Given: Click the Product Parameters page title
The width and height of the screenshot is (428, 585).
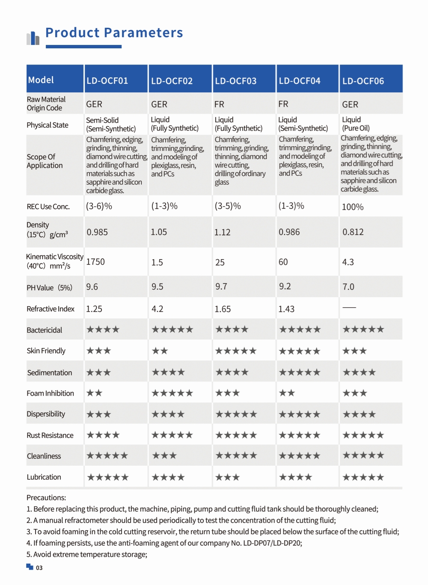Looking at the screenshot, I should [x=114, y=33].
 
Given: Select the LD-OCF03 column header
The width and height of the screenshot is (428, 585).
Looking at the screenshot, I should [x=235, y=81].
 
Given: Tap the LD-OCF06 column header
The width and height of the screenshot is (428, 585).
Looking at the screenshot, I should [x=363, y=81].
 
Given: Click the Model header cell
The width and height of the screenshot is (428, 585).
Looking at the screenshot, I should [x=41, y=80].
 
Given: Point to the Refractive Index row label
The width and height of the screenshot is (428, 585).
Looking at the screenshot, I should [x=51, y=309].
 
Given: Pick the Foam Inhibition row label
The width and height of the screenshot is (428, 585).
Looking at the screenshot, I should [x=50, y=393].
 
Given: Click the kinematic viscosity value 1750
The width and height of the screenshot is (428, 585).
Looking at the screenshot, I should [x=95, y=262].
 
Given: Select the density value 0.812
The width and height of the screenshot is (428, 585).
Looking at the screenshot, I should [x=353, y=232].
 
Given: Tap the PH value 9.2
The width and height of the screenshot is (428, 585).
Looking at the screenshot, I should [x=285, y=287].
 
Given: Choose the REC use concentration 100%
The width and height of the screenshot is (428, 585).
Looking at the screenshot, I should [x=353, y=207].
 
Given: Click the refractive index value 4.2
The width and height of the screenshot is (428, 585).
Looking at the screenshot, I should [x=157, y=309].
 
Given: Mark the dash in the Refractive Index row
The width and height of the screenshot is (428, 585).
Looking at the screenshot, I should [x=349, y=307].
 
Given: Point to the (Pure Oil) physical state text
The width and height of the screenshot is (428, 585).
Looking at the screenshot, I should [x=356, y=128].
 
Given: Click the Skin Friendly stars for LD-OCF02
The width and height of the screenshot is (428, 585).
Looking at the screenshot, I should [x=160, y=351].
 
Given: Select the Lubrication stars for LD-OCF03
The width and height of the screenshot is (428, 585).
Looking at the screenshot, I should [x=227, y=477].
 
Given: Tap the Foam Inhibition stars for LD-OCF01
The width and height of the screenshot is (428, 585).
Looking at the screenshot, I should [x=95, y=393].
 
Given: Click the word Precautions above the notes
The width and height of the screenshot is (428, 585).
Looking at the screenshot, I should [x=46, y=497].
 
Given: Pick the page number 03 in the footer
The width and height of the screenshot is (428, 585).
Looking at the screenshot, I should [x=39, y=567].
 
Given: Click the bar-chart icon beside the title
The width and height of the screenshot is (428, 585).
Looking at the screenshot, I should [x=33, y=38].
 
